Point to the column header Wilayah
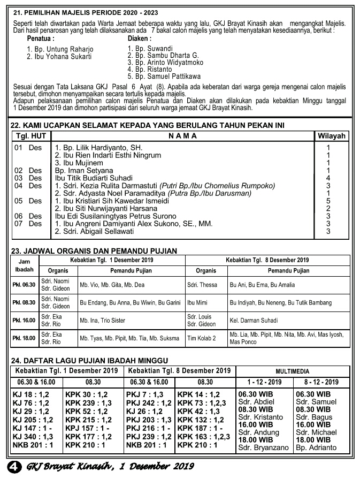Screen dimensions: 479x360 [332, 136]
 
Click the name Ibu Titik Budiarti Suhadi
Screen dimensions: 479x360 [94, 178]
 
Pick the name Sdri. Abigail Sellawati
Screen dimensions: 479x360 [94, 231]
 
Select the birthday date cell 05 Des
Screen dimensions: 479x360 [28, 201]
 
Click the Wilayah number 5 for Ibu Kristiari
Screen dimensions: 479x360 [328, 201]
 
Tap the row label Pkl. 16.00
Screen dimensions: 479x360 [24, 321]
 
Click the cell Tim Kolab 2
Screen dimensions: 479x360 [201, 338]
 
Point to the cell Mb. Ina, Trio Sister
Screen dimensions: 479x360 [103, 321]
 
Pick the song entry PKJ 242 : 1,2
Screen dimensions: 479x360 [149, 402]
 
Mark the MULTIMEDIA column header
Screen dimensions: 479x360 [293, 370]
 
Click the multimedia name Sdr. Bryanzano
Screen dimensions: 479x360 [263, 447]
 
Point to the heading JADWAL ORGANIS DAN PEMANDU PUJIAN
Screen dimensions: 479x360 [94, 250]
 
